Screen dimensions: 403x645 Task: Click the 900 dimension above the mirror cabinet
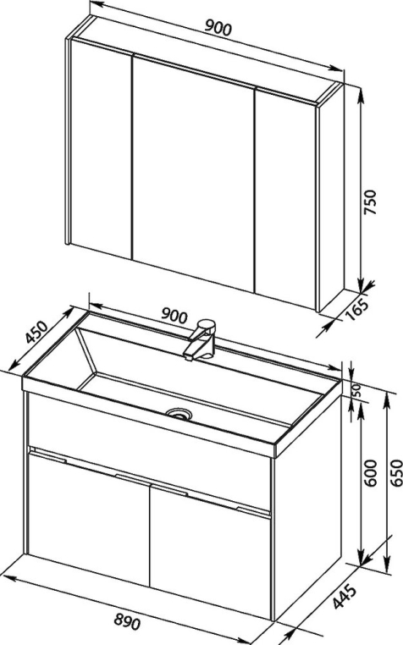coord(218,27)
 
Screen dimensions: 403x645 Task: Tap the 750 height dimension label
coord(371,202)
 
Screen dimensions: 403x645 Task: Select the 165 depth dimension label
coord(356,308)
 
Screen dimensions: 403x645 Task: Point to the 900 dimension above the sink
coord(174,315)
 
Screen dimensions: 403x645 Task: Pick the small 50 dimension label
coord(356,390)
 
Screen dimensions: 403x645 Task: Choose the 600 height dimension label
coord(371,473)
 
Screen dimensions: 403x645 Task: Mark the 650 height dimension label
coord(396,473)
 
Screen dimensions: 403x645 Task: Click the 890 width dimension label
coord(126,622)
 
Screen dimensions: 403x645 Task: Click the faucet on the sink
coord(200,339)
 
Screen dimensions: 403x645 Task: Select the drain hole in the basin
coord(179,413)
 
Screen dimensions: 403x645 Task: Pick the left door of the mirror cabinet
coord(102,148)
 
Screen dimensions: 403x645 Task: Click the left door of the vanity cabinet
coord(88,518)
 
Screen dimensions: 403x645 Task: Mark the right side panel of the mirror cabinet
coord(332,196)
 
